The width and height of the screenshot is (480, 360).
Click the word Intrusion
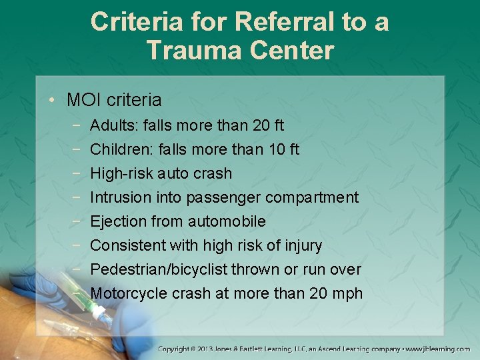point(120,197)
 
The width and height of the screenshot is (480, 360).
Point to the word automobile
point(228,221)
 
